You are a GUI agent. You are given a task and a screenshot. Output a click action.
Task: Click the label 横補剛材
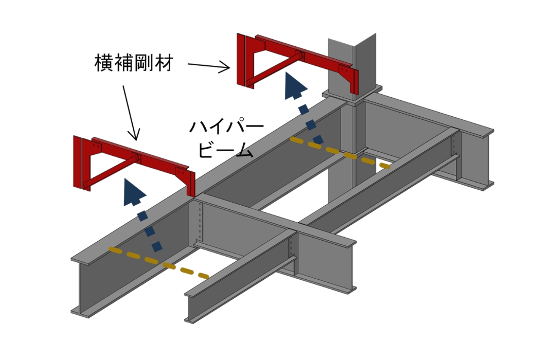(x=133, y=64)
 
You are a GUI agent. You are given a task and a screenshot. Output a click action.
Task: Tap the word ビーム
(x=226, y=151)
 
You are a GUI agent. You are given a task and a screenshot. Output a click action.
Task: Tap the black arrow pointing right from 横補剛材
(x=208, y=66)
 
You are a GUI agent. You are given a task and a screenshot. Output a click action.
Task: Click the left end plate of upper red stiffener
(x=240, y=59)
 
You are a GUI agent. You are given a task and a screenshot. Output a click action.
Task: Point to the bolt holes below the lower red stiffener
(x=200, y=221)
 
